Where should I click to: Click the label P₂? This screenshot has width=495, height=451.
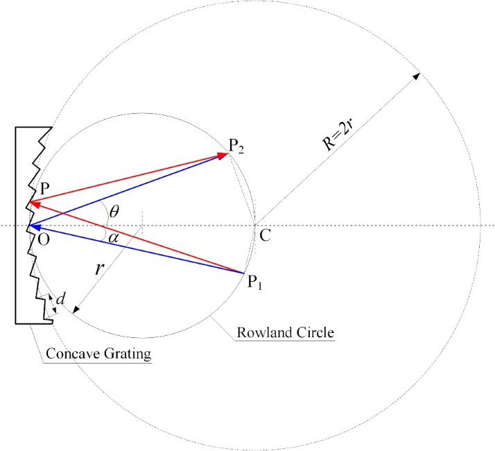coord(237,146)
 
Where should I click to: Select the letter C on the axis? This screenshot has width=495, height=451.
coord(264,236)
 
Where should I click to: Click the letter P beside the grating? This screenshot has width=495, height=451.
coord(44,189)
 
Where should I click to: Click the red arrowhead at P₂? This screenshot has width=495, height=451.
coord(224,155)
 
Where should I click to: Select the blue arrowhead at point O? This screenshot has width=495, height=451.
coord(32,226)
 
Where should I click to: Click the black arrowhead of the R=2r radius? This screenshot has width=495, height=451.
coord(417,75)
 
